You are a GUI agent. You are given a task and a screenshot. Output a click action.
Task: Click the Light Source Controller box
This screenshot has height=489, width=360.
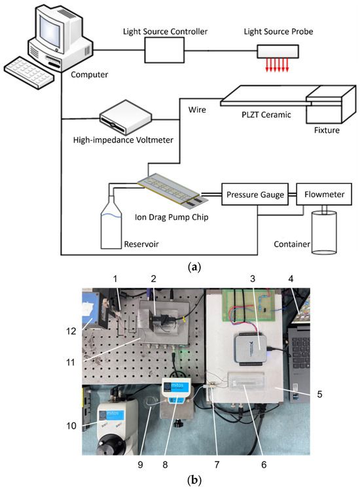[x=164, y=50]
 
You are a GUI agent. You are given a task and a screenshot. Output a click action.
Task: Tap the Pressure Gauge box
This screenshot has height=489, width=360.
[x=255, y=194]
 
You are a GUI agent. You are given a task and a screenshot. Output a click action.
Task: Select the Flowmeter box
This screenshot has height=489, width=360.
[x=324, y=194]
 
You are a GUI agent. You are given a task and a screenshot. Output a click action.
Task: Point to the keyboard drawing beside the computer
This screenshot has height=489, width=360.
[x=29, y=73]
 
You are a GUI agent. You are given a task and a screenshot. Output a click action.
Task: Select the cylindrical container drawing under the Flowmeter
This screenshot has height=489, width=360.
[x=325, y=232]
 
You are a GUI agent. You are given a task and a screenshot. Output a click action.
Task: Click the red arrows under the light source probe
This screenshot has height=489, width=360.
[x=277, y=65]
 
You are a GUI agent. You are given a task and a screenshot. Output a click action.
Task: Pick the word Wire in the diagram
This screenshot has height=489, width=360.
[x=197, y=110]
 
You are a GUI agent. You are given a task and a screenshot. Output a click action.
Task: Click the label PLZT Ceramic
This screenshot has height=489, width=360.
[x=266, y=115]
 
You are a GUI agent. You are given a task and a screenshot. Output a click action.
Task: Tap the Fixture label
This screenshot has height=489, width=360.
[x=327, y=130]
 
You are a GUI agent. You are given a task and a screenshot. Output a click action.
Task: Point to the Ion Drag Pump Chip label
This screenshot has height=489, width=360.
[x=171, y=217]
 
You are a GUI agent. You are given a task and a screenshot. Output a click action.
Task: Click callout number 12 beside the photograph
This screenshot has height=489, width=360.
[x=71, y=331]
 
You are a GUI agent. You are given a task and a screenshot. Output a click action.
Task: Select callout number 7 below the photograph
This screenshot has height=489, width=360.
[x=217, y=465]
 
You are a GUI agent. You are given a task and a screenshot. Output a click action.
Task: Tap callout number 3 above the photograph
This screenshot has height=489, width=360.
[x=253, y=278]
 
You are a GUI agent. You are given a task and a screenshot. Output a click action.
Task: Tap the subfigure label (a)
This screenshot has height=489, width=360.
[x=194, y=267]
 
